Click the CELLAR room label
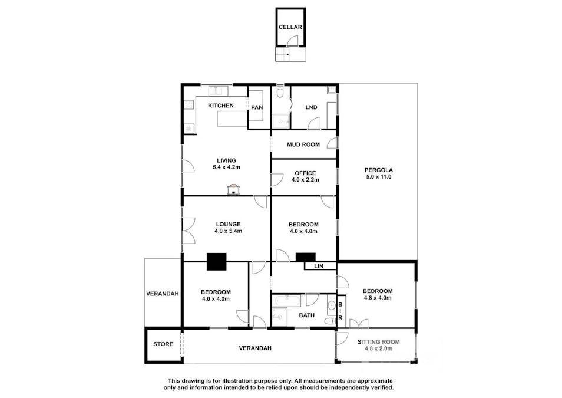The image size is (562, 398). [290, 27]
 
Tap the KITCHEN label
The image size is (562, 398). [221, 106]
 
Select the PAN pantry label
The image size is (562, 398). [257, 107]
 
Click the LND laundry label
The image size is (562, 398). [311, 107]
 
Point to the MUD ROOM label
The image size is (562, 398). [303, 144]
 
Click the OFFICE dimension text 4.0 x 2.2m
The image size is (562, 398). [305, 180]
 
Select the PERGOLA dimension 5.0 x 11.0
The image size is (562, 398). [379, 177]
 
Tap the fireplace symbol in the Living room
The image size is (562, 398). [234, 189]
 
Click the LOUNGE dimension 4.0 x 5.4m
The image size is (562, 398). [229, 231]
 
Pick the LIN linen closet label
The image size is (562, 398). [319, 266]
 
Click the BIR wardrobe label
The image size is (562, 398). [340, 311]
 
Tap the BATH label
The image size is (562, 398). [307, 315]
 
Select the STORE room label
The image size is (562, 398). [163, 344]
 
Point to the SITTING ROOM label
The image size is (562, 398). [378, 342]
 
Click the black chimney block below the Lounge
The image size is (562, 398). [216, 261]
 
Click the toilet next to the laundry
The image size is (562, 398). [280, 93]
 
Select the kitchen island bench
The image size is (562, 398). [232, 119]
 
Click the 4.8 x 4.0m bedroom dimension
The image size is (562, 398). [378, 298]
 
